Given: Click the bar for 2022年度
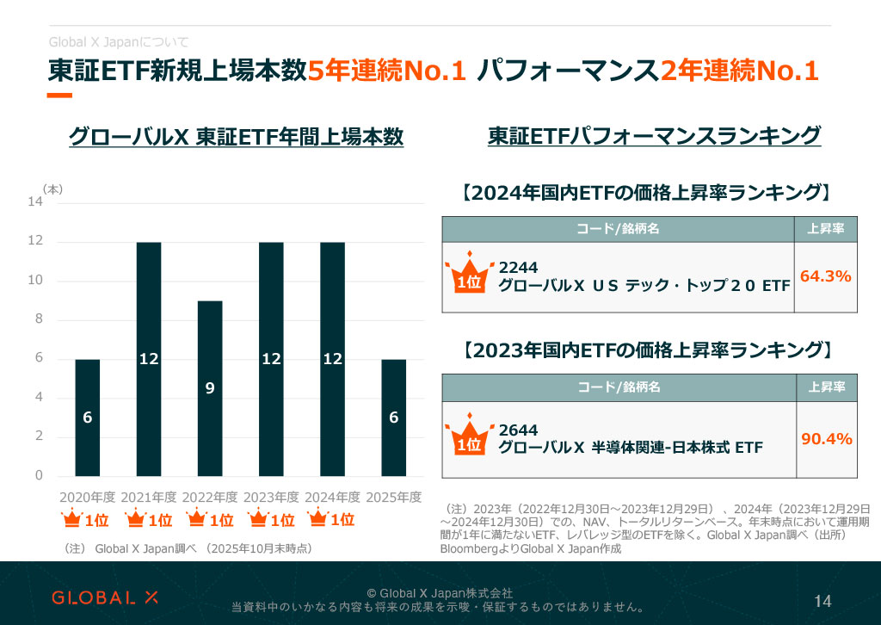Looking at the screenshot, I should point(210,388).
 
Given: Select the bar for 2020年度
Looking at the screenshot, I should point(88,418).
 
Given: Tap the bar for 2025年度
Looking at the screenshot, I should point(393,418).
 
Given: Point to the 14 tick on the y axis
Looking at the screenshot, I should point(35,202).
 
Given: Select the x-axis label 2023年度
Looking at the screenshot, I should point(271,498).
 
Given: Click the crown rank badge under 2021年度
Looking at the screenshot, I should point(149,520).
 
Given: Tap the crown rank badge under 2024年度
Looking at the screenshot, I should point(331,520).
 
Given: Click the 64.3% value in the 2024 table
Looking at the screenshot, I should point(825,276).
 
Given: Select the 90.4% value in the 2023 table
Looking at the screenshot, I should point(826,439).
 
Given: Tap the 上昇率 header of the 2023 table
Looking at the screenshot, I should point(826,388).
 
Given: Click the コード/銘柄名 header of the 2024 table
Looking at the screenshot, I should point(618,228).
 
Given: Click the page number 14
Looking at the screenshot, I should point(822,601).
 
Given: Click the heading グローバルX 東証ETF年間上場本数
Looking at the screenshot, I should point(235,137).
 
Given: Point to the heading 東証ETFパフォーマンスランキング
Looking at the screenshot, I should point(654,137).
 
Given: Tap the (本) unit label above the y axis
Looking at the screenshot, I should point(52,189).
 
